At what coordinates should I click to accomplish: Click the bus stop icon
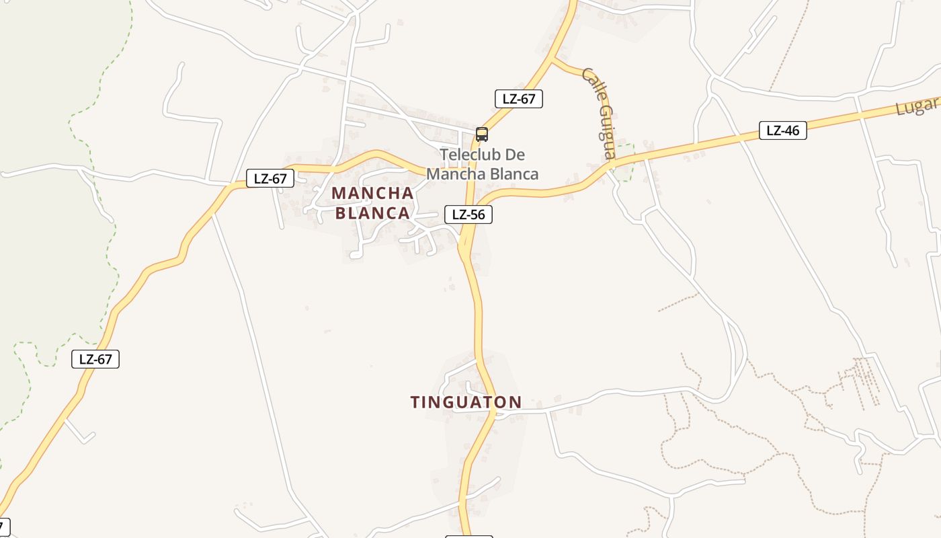[x=481, y=134]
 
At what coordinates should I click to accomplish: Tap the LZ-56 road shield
[x=468, y=215]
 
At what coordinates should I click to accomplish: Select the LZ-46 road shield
[x=782, y=130]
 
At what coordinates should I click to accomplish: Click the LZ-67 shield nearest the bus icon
[x=518, y=99]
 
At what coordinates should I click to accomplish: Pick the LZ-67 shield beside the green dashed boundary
[x=95, y=359]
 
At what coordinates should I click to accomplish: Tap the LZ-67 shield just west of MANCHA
[x=270, y=179]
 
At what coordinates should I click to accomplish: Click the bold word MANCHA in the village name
[x=372, y=193]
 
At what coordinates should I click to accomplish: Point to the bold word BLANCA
[x=372, y=213]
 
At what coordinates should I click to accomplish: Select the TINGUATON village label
[x=466, y=402]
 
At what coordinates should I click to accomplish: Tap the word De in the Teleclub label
[x=514, y=155]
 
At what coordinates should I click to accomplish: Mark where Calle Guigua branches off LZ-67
[x=553, y=60]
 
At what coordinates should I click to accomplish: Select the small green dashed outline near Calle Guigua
[x=625, y=163]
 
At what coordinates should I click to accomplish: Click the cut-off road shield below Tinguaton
[x=469, y=536]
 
